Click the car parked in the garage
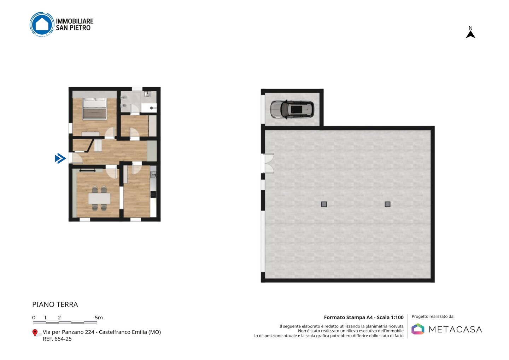tap(292, 109)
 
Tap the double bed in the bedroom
tap(94, 109)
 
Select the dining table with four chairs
tap(99, 198)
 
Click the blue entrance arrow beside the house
tap(60, 158)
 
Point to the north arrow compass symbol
tap(470, 32)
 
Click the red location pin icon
tap(35, 333)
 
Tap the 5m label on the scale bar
tap(99, 318)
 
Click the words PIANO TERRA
tap(55, 304)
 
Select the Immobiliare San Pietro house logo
tap(42, 24)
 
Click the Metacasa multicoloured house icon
tap(418, 329)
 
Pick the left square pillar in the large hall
tap(324, 204)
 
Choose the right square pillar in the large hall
tap(387, 204)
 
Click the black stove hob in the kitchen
tap(153, 194)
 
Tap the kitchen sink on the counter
tap(153, 175)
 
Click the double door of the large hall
tap(268, 163)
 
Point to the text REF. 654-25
tap(57, 339)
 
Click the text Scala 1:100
tap(390, 317)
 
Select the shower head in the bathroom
tap(152, 108)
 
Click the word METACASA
tap(455, 329)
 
